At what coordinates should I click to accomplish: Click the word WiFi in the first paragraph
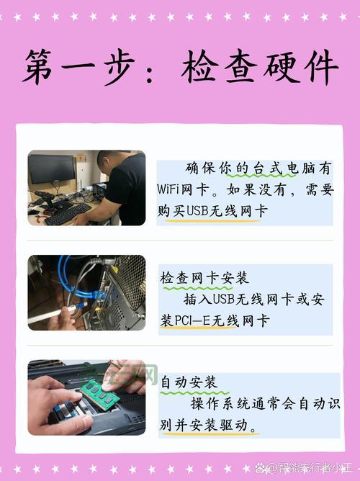(x=171, y=191)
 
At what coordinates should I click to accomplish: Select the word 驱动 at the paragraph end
(x=242, y=426)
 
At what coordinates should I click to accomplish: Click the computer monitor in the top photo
(x=52, y=170)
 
